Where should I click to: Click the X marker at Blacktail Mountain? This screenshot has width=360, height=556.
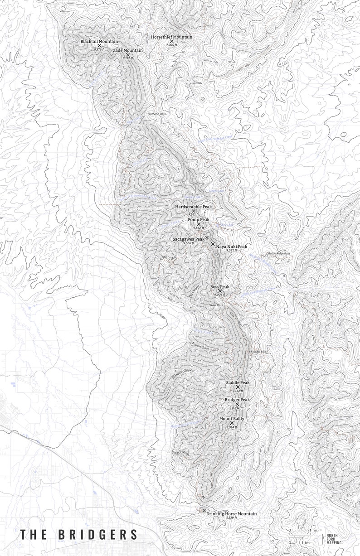click(x=99, y=46)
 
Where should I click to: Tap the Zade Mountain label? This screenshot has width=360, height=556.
click(x=128, y=50)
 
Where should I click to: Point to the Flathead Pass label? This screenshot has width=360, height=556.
click(x=157, y=114)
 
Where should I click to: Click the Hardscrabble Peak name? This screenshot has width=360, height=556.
click(x=194, y=207)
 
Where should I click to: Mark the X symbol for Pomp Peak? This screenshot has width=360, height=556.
click(x=199, y=224)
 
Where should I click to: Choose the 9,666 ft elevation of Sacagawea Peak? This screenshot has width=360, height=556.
click(x=188, y=243)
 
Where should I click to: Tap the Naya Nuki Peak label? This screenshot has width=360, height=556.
click(x=231, y=247)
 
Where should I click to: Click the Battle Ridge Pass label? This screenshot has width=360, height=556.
click(x=279, y=254)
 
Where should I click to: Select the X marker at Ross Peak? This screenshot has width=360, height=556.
click(x=220, y=291)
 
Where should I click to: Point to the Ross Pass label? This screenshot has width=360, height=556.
click(x=216, y=305)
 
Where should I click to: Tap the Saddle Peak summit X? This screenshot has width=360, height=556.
click(x=238, y=387)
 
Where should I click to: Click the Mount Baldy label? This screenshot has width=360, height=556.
click(x=231, y=418)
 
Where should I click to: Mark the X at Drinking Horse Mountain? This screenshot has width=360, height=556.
click(x=204, y=510)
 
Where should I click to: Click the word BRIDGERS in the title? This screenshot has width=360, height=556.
click(x=97, y=535)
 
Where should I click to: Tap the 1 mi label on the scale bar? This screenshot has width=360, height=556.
click(x=313, y=530)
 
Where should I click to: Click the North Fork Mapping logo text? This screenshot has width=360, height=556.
click(x=334, y=539)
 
